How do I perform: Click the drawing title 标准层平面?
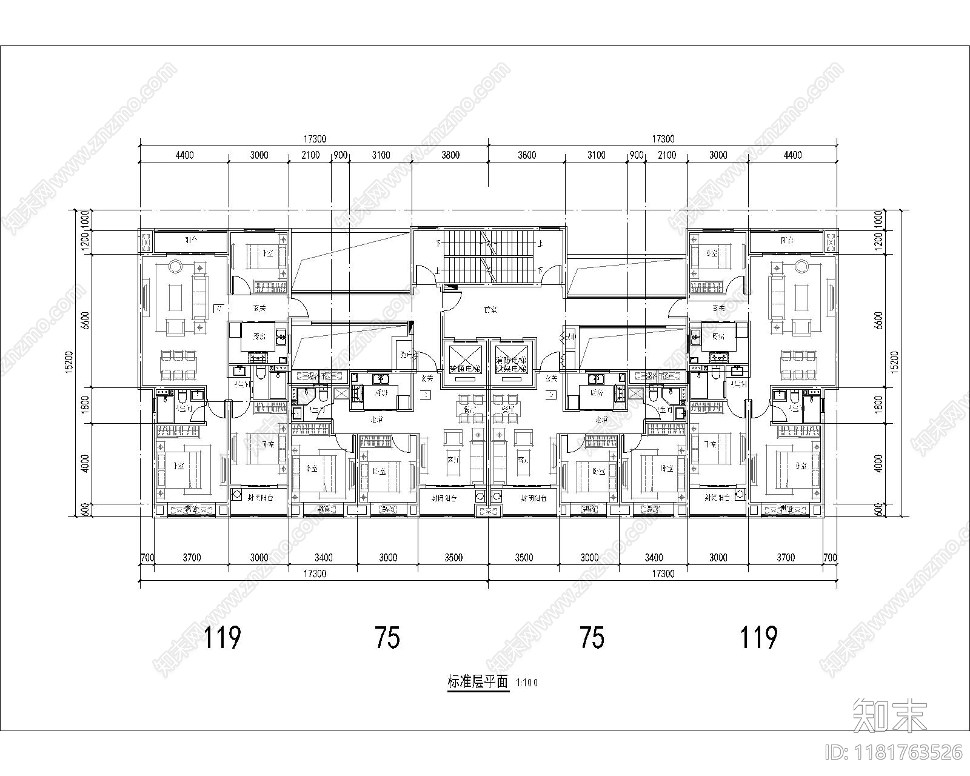coord(478,682)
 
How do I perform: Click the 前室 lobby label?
coord(490,310)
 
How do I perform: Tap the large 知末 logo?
coord(889,716)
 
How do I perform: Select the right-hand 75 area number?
coord(592,638)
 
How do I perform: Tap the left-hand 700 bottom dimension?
coord(147,558)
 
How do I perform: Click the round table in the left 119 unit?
coord(176,266)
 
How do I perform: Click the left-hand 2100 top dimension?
coord(310,155)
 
